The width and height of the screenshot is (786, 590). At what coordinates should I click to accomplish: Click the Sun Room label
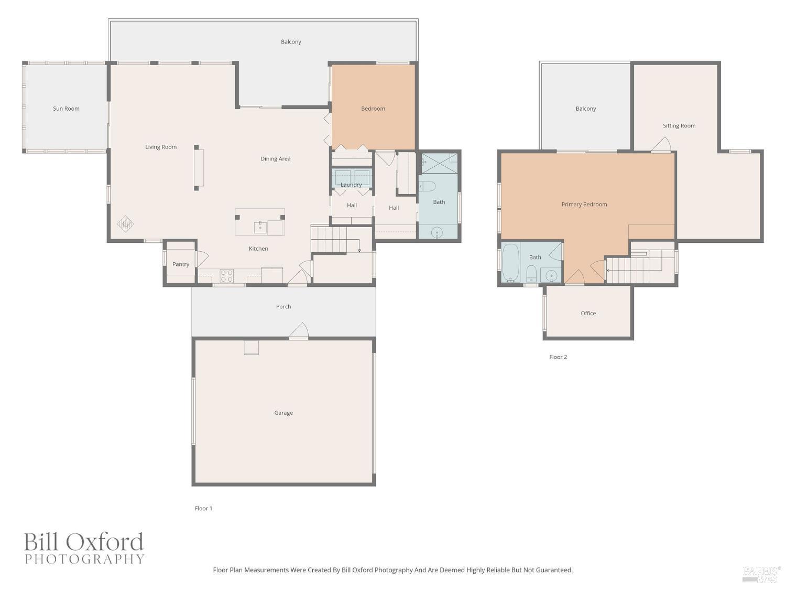coord(66,109)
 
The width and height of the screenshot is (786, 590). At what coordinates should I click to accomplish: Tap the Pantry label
coord(181,264)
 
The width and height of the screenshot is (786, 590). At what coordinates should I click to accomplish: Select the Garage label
coord(283,413)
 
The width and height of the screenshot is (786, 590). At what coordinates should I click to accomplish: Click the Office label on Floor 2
coord(588,313)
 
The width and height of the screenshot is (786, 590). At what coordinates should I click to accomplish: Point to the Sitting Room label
coord(679,126)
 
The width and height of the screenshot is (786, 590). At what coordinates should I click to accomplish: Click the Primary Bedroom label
coord(584,205)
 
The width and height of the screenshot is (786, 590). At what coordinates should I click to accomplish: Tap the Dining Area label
coord(275,159)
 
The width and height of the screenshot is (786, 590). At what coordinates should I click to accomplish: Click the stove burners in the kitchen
coord(226,276)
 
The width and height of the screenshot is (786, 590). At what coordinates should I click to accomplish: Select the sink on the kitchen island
coord(260,227)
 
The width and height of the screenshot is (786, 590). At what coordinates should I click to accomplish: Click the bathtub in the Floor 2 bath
coord(510,263)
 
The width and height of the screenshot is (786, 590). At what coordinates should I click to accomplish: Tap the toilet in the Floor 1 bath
coord(427,186)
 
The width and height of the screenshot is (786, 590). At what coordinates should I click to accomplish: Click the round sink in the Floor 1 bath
coord(436,232)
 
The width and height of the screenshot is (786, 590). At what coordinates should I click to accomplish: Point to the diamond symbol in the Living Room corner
coord(125,224)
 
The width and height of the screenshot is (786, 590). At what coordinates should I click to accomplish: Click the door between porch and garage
coord(299,331)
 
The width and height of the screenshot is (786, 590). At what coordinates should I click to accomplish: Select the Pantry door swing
coord(202,258)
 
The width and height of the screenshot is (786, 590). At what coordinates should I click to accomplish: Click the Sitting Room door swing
coord(661,145)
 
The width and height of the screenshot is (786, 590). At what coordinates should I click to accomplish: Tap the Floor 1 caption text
coord(203,508)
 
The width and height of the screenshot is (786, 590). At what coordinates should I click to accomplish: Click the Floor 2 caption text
coord(558,357)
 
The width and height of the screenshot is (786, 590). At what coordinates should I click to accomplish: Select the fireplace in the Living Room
coord(199,167)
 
